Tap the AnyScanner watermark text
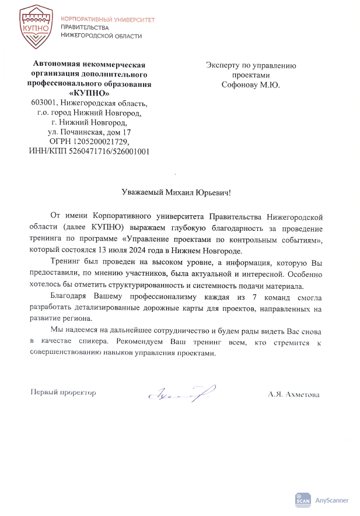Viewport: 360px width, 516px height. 331,500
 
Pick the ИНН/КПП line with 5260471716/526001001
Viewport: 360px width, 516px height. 89,152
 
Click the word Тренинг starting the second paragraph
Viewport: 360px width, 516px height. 66,262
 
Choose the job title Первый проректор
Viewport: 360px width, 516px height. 62,393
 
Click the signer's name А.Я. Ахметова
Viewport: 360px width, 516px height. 293,395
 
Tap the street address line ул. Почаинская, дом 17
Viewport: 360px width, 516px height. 89,132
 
